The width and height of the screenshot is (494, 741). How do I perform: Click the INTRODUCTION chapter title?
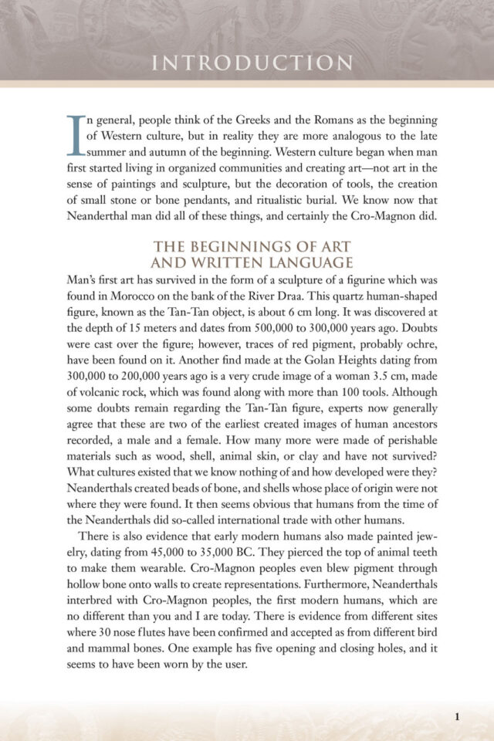click(x=246, y=63)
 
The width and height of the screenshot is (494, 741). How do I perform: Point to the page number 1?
click(x=458, y=716)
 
